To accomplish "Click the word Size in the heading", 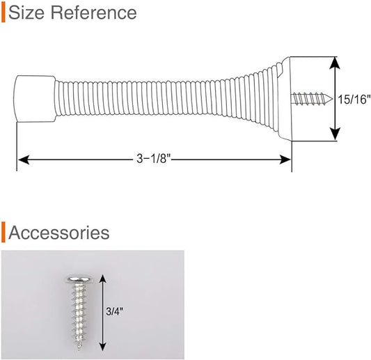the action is (x=26, y=13).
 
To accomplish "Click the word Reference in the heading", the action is (x=94, y=13).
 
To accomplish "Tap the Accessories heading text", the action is (x=59, y=233).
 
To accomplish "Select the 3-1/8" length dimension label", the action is (x=154, y=159).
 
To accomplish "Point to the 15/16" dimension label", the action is (x=354, y=100).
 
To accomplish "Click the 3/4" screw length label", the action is (x=115, y=311).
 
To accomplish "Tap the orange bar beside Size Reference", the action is (x=3, y=13).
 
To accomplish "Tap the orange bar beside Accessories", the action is (x=3, y=232).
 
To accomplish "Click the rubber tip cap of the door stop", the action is (x=35, y=99).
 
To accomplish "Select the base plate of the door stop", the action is (x=285, y=99).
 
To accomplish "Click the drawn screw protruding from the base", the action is (x=311, y=99).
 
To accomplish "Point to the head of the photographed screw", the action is (x=78, y=281).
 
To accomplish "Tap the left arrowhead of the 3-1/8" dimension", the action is (x=24, y=159).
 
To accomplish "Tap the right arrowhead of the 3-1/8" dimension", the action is (x=285, y=159).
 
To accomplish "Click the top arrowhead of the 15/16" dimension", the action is (x=335, y=63).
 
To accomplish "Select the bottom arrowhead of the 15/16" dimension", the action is (x=335, y=134).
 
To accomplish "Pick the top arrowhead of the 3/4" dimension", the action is (x=102, y=279).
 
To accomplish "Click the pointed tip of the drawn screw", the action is (x=331, y=99).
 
